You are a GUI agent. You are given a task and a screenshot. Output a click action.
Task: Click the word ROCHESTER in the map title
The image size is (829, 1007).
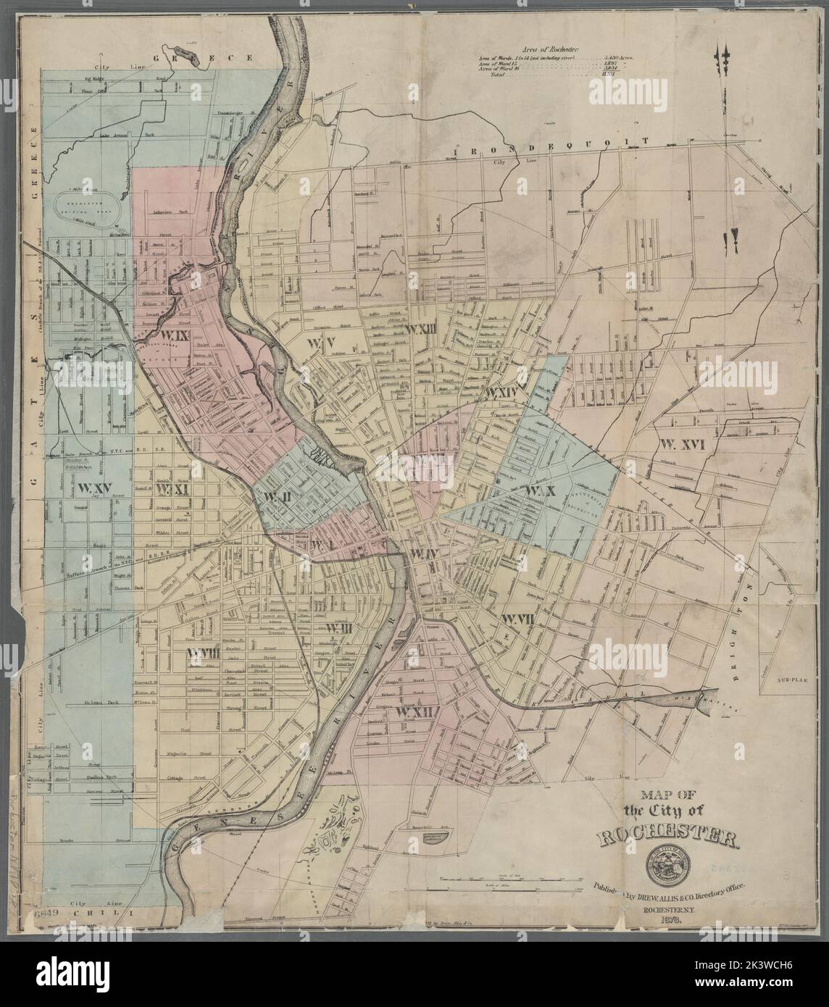pos(668,840)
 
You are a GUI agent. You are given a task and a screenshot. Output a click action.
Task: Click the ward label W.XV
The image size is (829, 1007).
pos(94,486)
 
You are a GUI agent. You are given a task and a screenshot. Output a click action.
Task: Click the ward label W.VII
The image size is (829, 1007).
pos(517,618)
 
